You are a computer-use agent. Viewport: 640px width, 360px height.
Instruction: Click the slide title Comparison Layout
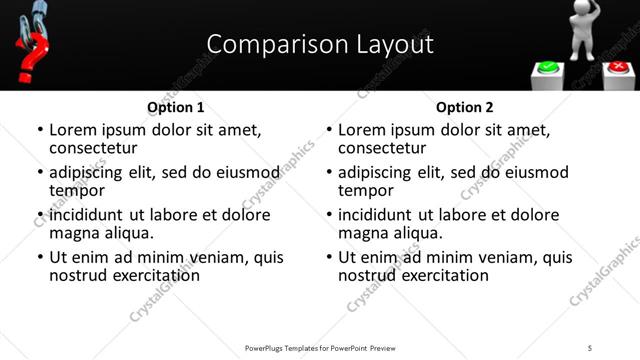click(x=320, y=45)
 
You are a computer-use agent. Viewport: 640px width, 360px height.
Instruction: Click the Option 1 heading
click(x=176, y=107)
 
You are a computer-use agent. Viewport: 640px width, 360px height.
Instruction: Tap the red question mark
click(x=31, y=57)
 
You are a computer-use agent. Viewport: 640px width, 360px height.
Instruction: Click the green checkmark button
click(x=548, y=69)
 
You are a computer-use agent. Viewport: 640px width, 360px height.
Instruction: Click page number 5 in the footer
click(x=590, y=348)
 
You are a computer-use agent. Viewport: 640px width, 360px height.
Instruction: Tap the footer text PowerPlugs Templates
click(x=290, y=348)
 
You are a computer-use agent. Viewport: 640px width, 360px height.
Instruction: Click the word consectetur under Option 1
click(x=93, y=148)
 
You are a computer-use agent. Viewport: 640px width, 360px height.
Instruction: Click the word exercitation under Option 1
click(x=154, y=275)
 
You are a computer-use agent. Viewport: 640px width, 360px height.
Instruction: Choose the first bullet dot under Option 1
click(x=39, y=130)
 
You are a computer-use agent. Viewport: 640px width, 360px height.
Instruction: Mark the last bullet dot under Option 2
click(x=328, y=257)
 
